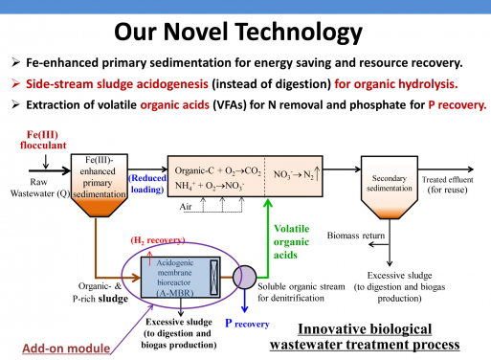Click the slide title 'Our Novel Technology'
click(x=245, y=33)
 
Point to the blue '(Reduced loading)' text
click(x=146, y=183)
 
